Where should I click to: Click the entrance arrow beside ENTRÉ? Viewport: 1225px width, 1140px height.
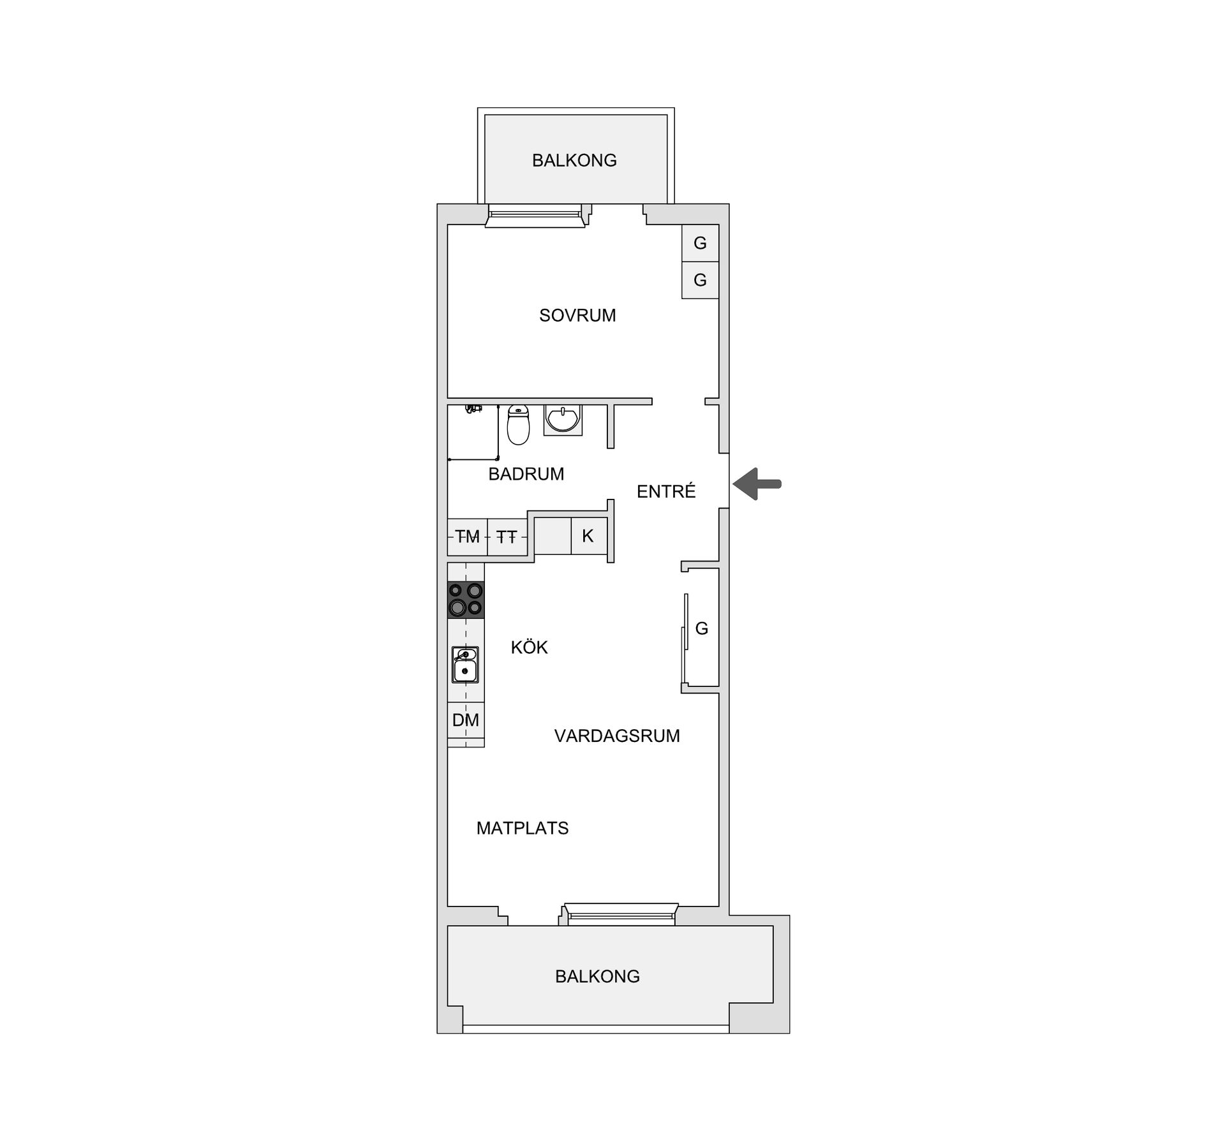click(x=757, y=484)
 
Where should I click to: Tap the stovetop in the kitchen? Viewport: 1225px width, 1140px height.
click(x=466, y=600)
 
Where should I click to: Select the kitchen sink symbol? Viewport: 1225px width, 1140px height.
click(x=465, y=664)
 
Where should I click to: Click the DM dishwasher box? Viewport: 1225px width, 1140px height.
click(x=466, y=720)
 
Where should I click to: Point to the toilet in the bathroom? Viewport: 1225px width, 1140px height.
click(x=518, y=425)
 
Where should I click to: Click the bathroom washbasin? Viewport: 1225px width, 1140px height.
click(x=563, y=420)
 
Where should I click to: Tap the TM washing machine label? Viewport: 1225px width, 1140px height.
click(x=467, y=537)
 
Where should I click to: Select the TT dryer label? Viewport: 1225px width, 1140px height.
click(x=507, y=537)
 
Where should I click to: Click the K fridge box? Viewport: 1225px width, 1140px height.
click(x=588, y=536)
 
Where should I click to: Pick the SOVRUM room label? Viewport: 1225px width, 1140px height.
click(x=577, y=315)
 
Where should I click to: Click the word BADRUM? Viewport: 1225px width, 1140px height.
click(x=526, y=474)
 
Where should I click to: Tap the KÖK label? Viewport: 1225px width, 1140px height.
click(x=530, y=648)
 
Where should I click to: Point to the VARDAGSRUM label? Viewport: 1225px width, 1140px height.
click(x=617, y=736)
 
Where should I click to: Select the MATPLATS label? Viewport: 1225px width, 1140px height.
click(x=523, y=828)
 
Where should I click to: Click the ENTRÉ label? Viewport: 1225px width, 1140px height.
click(x=666, y=491)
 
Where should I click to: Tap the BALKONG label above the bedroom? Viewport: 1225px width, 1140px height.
click(x=574, y=160)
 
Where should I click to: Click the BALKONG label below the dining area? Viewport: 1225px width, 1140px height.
click(x=597, y=976)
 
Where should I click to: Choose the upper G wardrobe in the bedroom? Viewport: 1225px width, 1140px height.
click(x=700, y=243)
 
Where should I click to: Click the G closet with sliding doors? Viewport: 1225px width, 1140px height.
click(x=701, y=628)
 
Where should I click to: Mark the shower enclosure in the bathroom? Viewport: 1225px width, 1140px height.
click(x=473, y=432)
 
